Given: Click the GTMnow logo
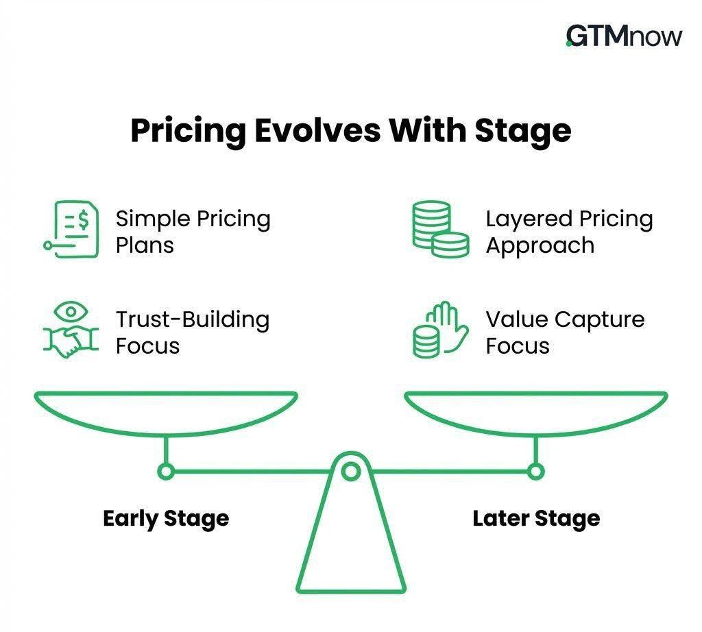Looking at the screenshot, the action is pyautogui.click(x=624, y=36).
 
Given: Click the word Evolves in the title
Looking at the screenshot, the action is pyautogui.click(x=317, y=131).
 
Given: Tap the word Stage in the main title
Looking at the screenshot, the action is pyautogui.click(x=523, y=132).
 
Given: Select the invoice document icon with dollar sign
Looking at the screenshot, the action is pyautogui.click(x=71, y=229).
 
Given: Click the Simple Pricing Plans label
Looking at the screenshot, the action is pyautogui.click(x=193, y=232).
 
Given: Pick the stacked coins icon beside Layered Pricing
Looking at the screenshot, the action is pyautogui.click(x=441, y=229).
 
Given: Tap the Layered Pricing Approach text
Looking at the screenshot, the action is pyautogui.click(x=570, y=232).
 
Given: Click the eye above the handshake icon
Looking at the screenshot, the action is pyautogui.click(x=71, y=311).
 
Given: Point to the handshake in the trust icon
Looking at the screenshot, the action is pyautogui.click(x=71, y=343).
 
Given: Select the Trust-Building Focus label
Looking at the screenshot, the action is pyautogui.click(x=193, y=332).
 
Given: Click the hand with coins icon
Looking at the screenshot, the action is pyautogui.click(x=441, y=330).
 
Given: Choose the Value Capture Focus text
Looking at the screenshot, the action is pyautogui.click(x=566, y=332).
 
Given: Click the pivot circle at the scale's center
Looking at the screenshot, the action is pyautogui.click(x=351, y=472).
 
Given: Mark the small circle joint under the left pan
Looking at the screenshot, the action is pyautogui.click(x=166, y=472).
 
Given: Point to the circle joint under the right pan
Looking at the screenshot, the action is pyautogui.click(x=536, y=472).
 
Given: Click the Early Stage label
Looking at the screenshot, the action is pyautogui.click(x=166, y=519).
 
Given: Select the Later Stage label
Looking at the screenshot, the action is pyautogui.click(x=536, y=519).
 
